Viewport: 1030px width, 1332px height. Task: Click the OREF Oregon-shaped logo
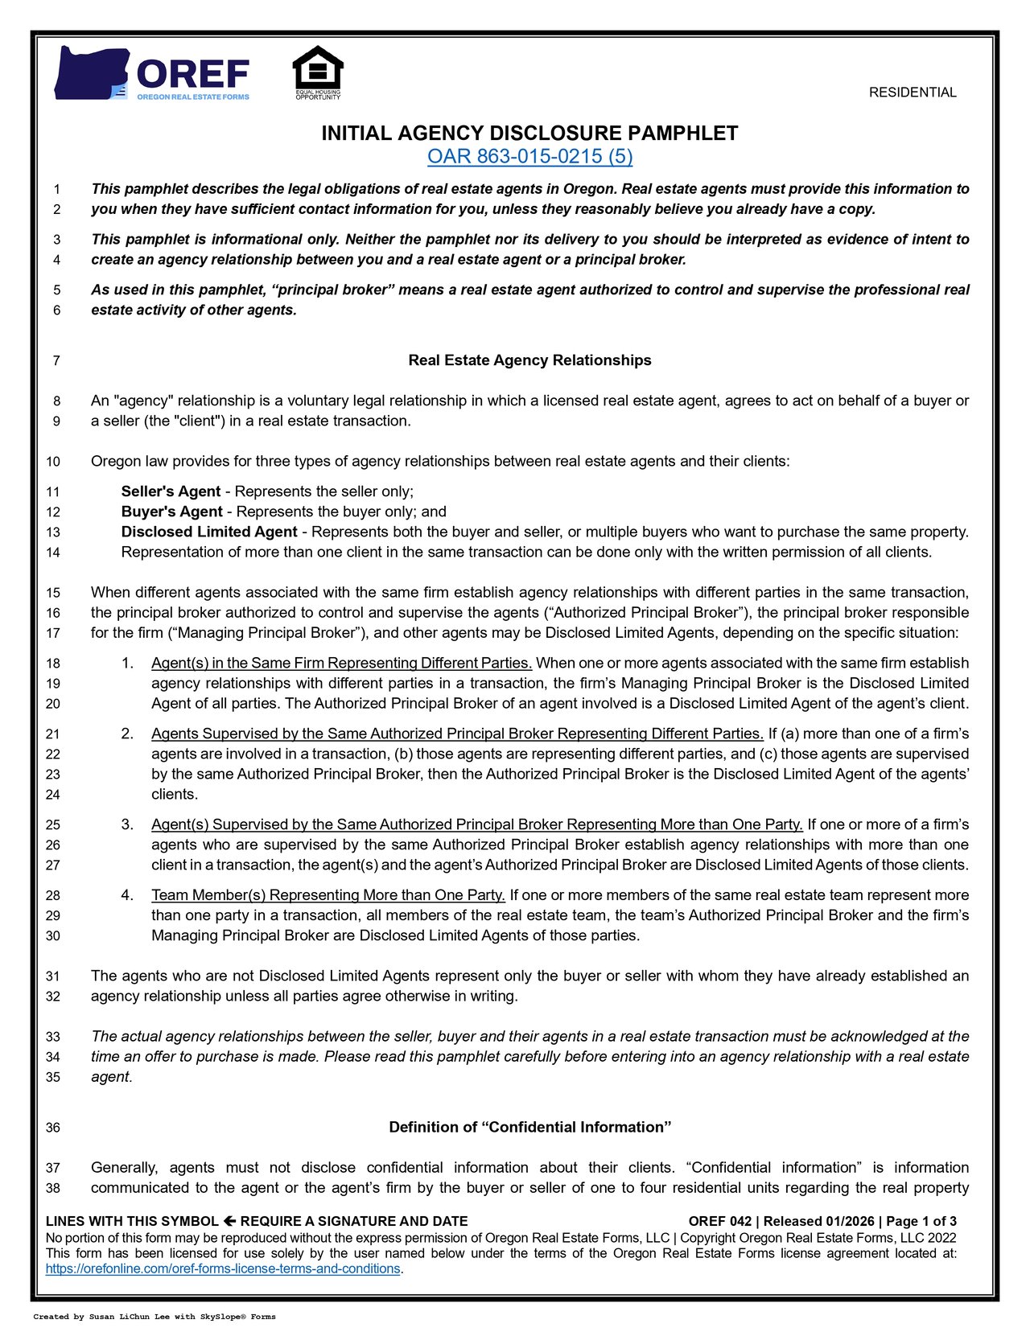[x=151, y=73]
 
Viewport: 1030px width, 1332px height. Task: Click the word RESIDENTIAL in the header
[x=913, y=92]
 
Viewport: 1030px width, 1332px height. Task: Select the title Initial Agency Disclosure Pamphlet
[x=529, y=134]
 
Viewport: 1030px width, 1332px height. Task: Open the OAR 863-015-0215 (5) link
[x=529, y=156]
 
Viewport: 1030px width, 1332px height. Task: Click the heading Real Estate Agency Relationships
[x=529, y=360]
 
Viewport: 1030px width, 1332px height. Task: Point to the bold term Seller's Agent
[x=171, y=491]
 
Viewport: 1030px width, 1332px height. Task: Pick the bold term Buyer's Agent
[x=171, y=512]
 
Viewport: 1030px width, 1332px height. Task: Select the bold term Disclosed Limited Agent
[x=209, y=532]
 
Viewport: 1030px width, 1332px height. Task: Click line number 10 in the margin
[x=53, y=462]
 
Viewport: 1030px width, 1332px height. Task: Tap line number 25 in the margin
[x=53, y=824]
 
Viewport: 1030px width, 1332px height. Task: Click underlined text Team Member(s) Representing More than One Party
[x=328, y=895]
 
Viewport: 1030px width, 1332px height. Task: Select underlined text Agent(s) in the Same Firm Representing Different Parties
[x=341, y=664]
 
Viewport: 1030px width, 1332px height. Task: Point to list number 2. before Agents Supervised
[x=127, y=734]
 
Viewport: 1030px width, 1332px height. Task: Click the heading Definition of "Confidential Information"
[x=529, y=1128]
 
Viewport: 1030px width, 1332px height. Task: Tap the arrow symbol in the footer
[x=229, y=1221]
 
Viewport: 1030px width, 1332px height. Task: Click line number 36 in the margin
[x=53, y=1128]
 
